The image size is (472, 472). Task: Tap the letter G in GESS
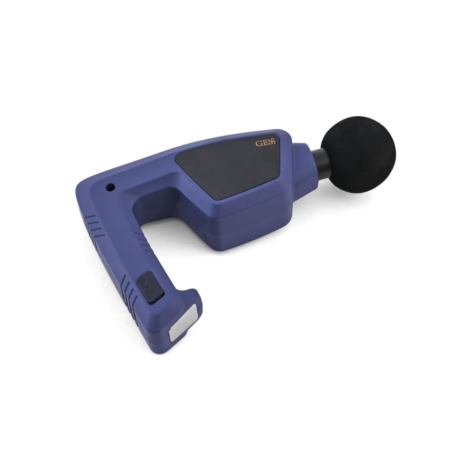point(258,143)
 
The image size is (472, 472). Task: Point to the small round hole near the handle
point(111,187)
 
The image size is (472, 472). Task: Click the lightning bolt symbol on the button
point(147,285)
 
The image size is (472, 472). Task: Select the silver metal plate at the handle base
point(183,322)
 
